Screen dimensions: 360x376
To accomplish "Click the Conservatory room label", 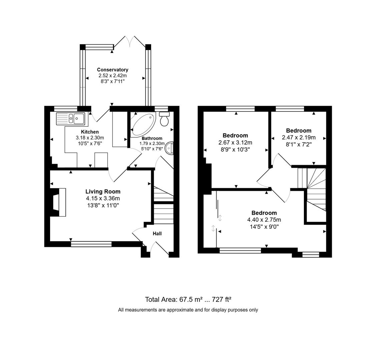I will pyautogui.click(x=112, y=70).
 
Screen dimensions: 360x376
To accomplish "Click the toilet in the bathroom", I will pyautogui.click(x=164, y=119).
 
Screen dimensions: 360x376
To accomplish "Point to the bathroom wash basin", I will pyautogui.click(x=169, y=148).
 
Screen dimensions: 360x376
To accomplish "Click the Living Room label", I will pyautogui.click(x=103, y=191).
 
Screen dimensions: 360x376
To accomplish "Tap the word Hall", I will pyautogui.click(x=157, y=233).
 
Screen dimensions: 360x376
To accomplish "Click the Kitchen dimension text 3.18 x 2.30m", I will pyautogui.click(x=90, y=138).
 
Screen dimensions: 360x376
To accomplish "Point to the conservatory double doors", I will pyautogui.click(x=130, y=42).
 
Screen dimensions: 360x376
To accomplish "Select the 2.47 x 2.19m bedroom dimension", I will pyautogui.click(x=299, y=137).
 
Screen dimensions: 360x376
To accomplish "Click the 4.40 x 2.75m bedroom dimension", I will pyautogui.click(x=264, y=220).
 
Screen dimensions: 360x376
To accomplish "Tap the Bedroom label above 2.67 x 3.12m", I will pyautogui.click(x=235, y=135).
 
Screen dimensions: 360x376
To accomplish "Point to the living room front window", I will pyautogui.click(x=91, y=244).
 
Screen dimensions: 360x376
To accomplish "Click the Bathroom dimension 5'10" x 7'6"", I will pyautogui.click(x=152, y=149).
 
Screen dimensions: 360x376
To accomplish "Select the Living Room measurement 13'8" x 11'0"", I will pyautogui.click(x=103, y=205).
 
